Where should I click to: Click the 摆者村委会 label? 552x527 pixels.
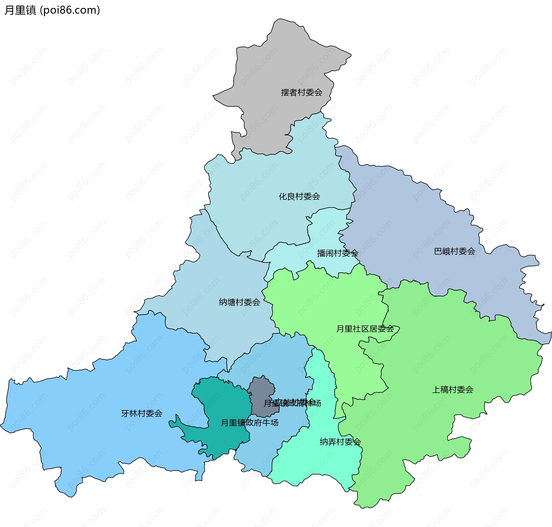301,92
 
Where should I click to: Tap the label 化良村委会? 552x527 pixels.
299,197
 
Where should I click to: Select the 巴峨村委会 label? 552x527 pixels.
455,251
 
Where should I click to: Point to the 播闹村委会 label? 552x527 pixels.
338,253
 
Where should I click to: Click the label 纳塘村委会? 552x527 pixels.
239,302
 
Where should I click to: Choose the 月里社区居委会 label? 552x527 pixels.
365,329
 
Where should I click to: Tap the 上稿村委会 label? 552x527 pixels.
453,390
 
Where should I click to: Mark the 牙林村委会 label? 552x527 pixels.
142,414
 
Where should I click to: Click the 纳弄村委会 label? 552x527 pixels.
340,442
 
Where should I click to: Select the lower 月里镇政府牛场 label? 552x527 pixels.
250,423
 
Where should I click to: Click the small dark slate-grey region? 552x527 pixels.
260,389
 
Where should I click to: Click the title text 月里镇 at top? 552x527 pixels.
20,10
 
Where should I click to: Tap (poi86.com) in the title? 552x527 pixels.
70,10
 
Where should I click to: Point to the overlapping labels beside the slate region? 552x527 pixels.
292,403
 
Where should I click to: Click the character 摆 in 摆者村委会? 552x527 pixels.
285,92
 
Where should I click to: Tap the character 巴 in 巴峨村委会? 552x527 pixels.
438,251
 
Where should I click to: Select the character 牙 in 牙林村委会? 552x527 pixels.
125,414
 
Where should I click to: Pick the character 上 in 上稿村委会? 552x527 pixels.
436,390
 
